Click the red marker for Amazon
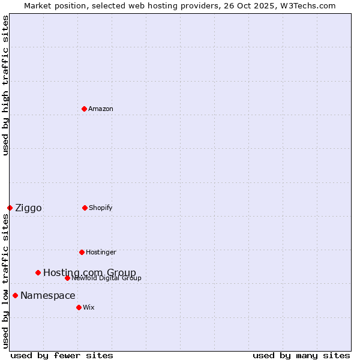84,109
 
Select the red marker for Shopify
85,208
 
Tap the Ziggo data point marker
10,208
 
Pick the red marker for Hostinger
82,252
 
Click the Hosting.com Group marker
38,272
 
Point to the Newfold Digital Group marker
67,278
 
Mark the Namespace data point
15,295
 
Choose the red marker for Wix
79,307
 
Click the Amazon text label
101,109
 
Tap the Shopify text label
101,208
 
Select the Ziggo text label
28,208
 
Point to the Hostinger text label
101,252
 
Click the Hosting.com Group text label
89,273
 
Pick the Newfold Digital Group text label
107,278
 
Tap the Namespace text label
48,296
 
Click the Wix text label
89,307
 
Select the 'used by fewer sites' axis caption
62,355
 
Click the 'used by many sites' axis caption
301,355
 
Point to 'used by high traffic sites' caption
5,85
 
